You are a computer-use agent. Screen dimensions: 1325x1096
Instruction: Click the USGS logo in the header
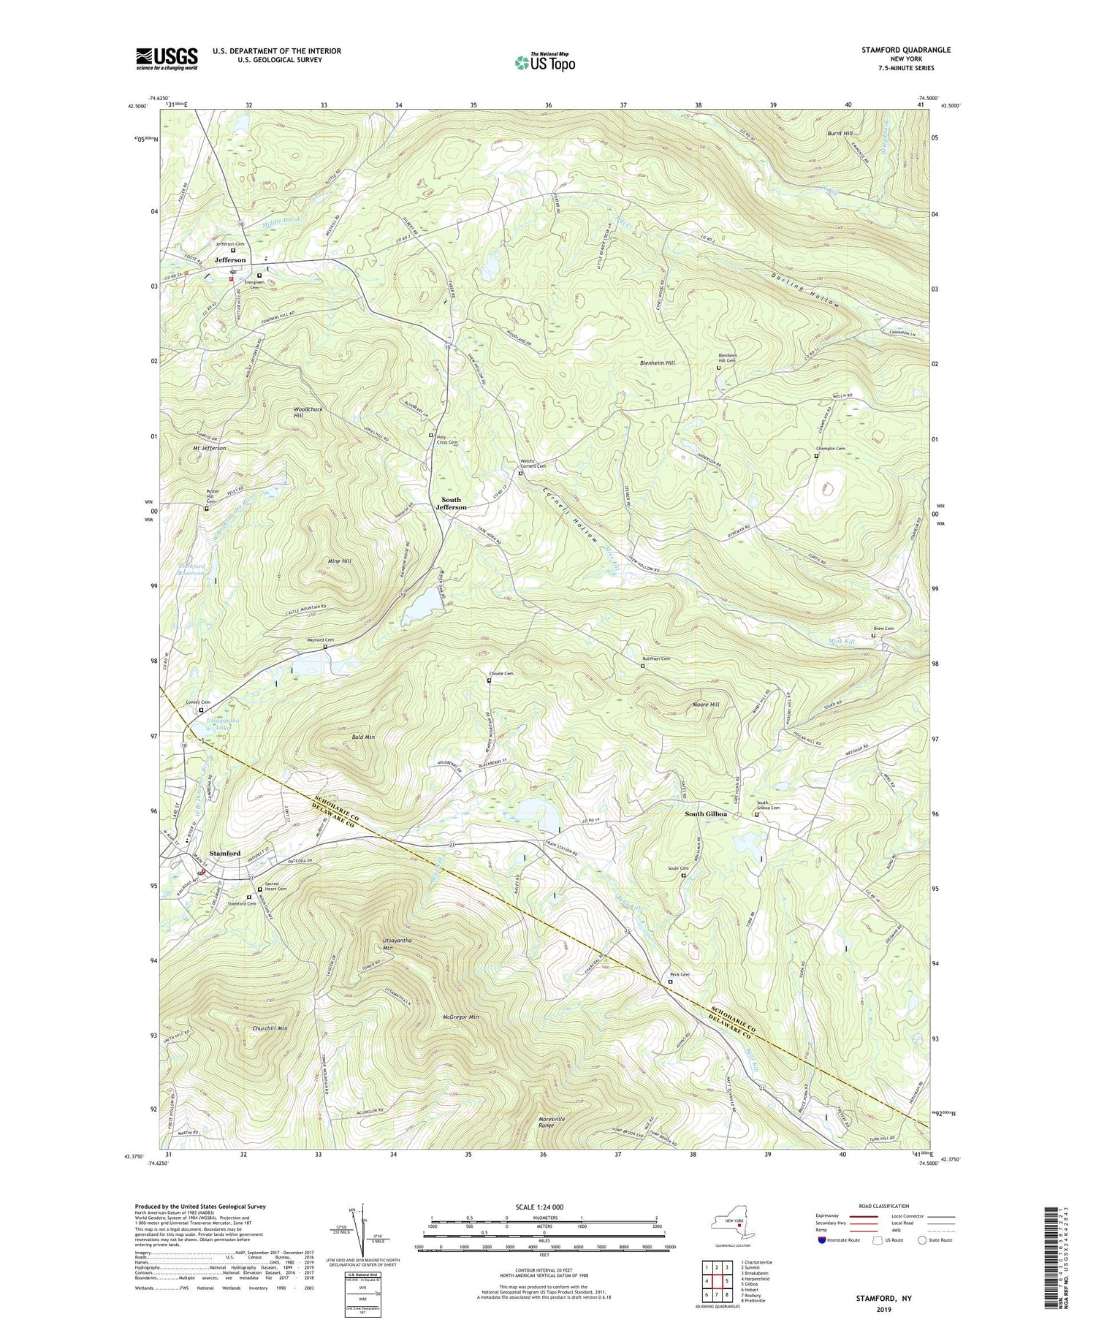coord(167,58)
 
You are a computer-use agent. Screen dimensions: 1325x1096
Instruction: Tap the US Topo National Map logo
coord(544,62)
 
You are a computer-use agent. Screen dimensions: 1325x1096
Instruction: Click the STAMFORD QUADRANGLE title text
coord(902,50)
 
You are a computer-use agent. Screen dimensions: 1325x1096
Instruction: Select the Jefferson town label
coord(230,260)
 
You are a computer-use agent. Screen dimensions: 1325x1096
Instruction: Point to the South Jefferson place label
coord(451,503)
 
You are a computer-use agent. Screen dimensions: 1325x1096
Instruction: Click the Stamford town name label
coord(225,853)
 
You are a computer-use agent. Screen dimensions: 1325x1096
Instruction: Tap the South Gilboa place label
coord(705,814)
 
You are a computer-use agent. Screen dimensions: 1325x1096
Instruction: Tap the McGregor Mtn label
coord(460,1017)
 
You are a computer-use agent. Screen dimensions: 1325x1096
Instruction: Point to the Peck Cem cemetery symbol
coord(670,982)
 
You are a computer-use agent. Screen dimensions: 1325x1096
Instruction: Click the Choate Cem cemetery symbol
coord(490,680)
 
